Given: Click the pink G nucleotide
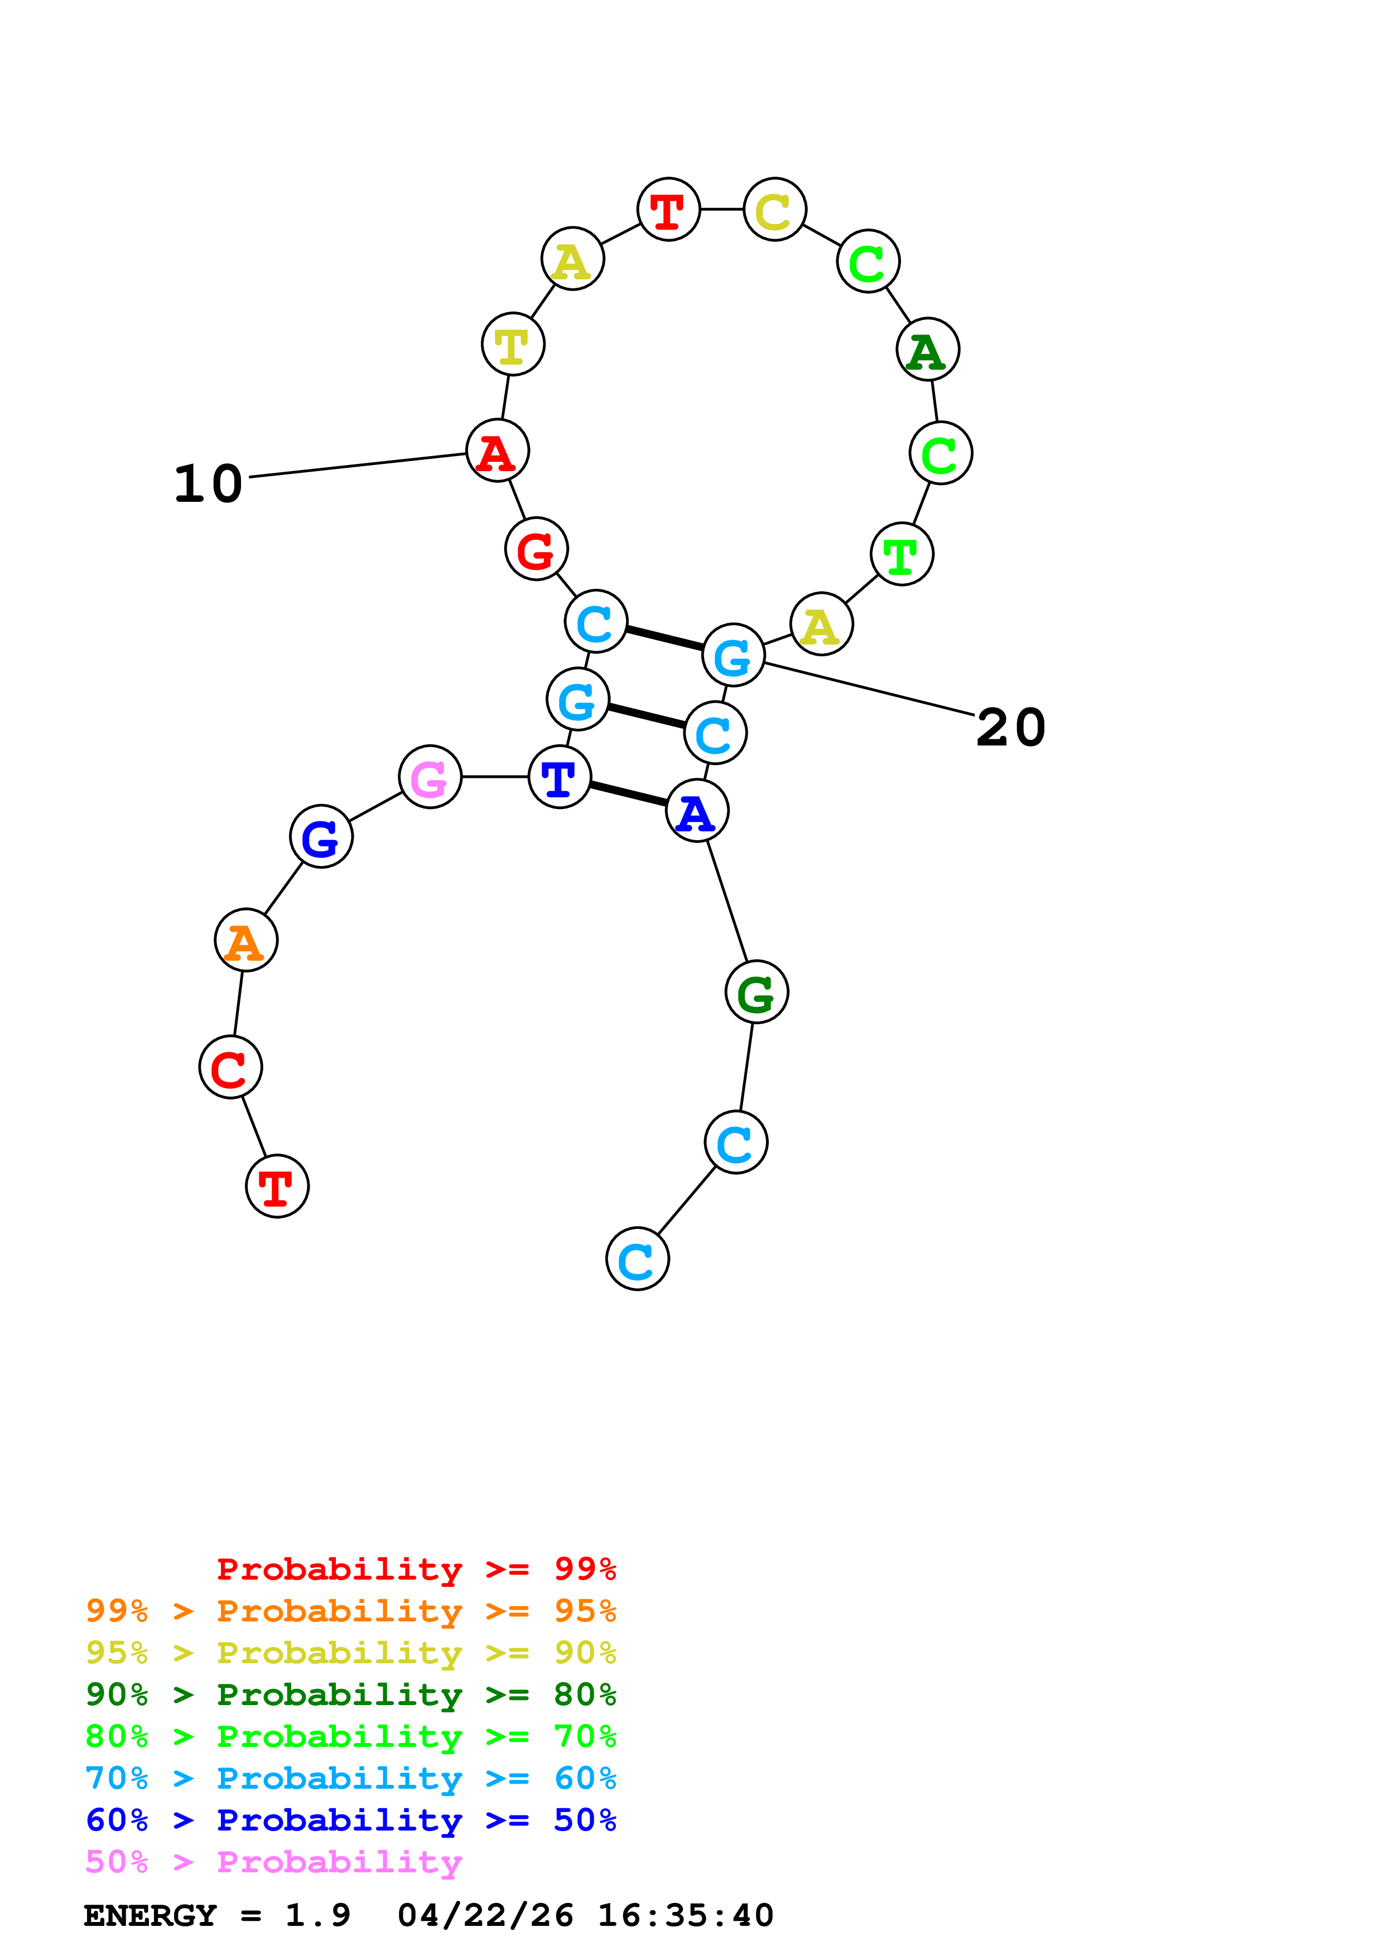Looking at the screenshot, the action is click(430, 776).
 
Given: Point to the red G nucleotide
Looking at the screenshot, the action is click(536, 549).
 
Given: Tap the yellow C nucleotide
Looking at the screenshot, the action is click(774, 210).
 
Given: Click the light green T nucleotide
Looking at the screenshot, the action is click(902, 555).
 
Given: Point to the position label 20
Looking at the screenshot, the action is click(1011, 728).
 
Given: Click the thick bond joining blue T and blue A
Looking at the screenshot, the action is click(628, 793).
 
